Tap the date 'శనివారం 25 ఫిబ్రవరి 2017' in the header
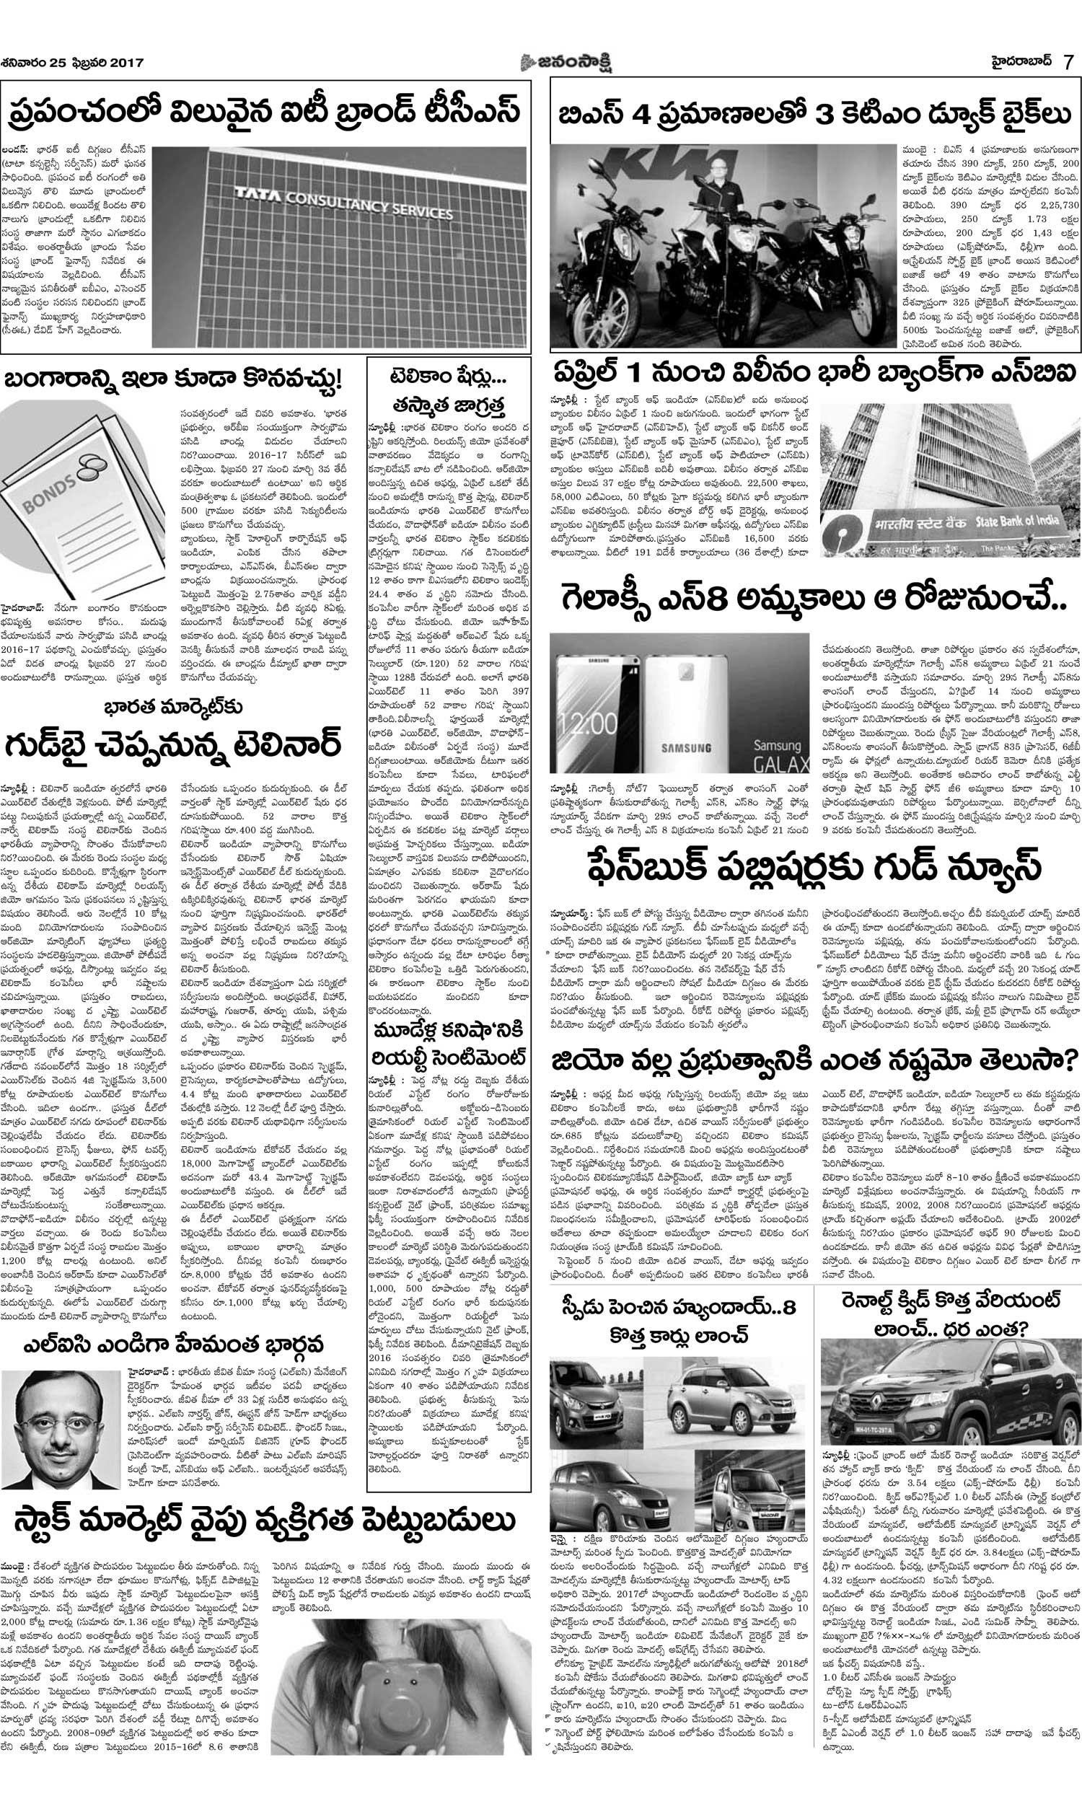coord(73,63)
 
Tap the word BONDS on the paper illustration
coord(51,496)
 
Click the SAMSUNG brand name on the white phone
coord(687,748)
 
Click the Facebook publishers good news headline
coord(813,868)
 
